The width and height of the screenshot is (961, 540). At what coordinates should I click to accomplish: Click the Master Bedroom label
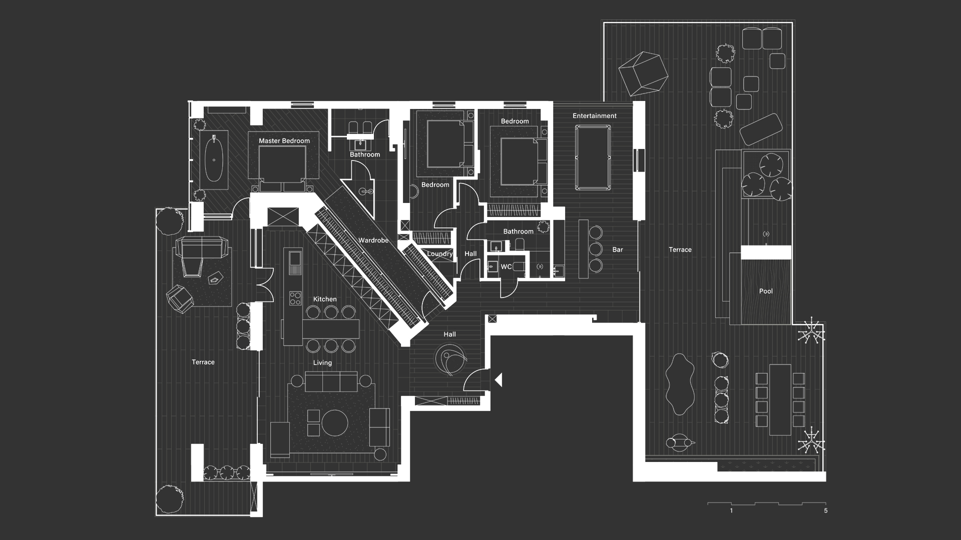point(284,141)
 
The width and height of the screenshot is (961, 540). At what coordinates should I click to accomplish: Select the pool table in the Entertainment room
point(593,157)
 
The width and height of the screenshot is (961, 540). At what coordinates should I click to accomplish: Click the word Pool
point(766,291)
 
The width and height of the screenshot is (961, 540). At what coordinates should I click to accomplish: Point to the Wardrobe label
point(373,240)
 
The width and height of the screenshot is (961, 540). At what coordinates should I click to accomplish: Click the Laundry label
point(440,254)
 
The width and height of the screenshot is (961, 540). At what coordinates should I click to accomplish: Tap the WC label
point(507,267)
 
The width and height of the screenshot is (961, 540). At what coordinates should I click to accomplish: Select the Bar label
point(618,249)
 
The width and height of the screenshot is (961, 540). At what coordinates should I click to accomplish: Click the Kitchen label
point(325,299)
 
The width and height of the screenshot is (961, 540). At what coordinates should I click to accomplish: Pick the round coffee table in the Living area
point(335,423)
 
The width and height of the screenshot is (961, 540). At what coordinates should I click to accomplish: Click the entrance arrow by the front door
point(498,380)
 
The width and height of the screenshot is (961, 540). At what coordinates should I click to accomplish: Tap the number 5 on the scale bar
point(826,511)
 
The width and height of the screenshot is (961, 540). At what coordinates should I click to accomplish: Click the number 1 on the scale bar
point(731,511)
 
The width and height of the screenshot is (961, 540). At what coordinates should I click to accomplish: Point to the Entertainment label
point(595,116)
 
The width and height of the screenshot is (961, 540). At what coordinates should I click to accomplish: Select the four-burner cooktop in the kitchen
point(295,298)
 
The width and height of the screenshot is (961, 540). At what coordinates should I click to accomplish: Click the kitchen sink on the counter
point(295,259)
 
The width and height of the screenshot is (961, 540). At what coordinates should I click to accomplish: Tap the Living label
point(322,363)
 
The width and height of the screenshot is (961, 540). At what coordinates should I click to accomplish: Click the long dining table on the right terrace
point(780,399)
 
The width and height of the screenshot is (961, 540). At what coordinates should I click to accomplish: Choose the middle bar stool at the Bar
point(596,248)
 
